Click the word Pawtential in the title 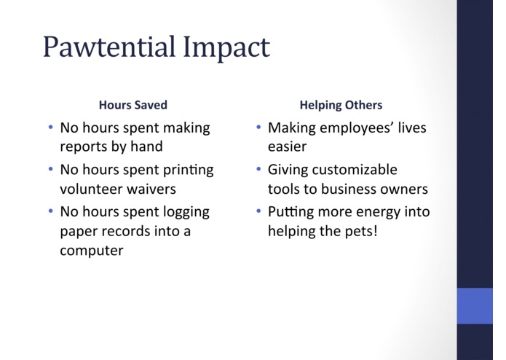tap(109, 47)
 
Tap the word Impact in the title tap(226, 48)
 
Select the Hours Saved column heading tap(133, 105)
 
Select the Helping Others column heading tap(341, 105)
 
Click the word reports tap(84, 147)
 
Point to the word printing tap(188, 171)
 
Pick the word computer tap(92, 251)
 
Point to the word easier tap(287, 147)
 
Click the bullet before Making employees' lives tap(258, 128)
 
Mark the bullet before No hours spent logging tap(51, 211)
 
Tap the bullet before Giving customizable tap(258, 169)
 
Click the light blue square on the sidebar tap(475, 306)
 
